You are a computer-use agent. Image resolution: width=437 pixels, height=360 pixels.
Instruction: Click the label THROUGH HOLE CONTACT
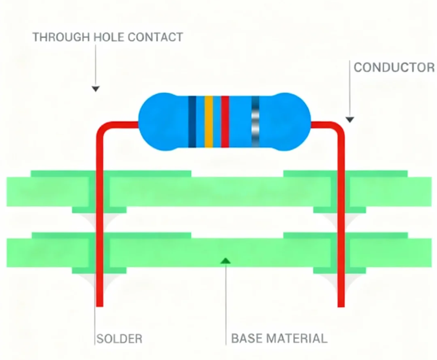pos(107,37)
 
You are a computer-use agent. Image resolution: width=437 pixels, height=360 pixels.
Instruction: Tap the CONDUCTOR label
pos(394,67)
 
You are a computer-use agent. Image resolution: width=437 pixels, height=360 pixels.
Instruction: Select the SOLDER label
pos(119,339)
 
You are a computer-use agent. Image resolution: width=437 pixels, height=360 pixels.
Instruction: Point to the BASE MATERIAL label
pos(279,339)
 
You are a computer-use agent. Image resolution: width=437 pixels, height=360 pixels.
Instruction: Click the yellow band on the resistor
pos(209,122)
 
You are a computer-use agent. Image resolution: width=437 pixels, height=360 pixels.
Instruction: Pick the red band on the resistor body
pos(225,122)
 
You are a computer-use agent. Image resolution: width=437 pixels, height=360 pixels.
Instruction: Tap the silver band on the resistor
pos(255,122)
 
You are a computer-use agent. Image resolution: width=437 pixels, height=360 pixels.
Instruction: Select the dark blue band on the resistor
pos(192,122)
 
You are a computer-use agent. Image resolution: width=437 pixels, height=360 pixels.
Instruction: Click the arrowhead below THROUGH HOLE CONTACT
pos(96,89)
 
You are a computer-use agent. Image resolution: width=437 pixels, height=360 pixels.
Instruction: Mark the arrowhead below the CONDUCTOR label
pos(349,119)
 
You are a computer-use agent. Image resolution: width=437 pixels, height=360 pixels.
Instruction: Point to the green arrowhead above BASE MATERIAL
pos(225,260)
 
